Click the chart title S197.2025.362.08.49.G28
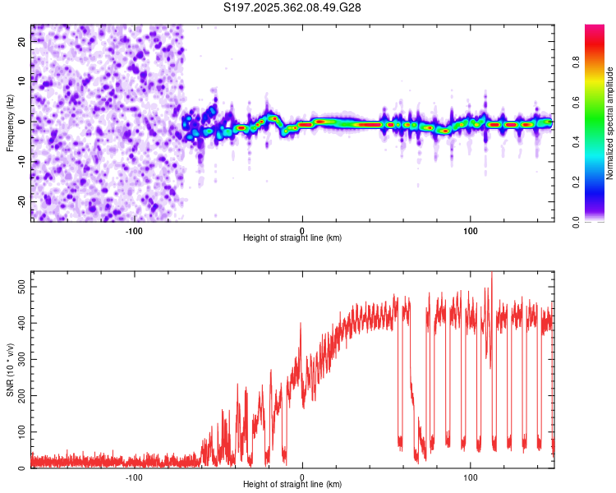click(x=292, y=7)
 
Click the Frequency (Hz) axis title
click(x=10, y=123)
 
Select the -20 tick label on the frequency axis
click(x=21, y=201)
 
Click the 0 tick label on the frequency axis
click(x=21, y=122)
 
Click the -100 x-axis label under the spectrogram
click(x=134, y=231)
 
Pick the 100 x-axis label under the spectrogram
click(x=471, y=231)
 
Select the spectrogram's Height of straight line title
click(x=292, y=237)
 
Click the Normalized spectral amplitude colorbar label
click(x=609, y=123)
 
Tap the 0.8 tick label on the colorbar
click(x=577, y=62)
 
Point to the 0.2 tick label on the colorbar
click(x=577, y=182)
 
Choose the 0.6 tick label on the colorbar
click(x=577, y=102)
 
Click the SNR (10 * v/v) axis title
click(x=11, y=370)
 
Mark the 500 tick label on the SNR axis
click(x=21, y=287)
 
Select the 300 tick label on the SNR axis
click(x=21, y=359)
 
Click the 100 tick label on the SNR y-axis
click(x=21, y=432)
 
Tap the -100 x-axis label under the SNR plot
click(x=134, y=477)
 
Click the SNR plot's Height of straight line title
click(x=292, y=484)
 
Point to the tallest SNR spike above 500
click(x=492, y=274)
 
